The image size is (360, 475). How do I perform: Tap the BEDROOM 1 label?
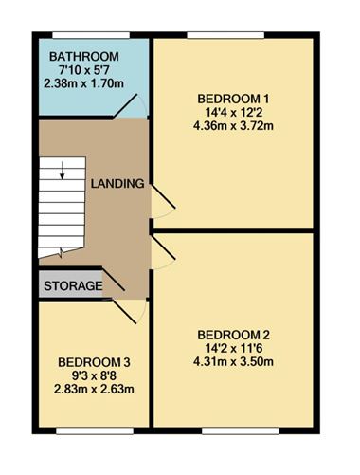coord(233,98)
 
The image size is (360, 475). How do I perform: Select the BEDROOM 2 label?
coord(233,334)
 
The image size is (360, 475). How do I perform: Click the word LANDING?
coord(117,182)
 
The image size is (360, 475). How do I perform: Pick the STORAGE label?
coord(72,284)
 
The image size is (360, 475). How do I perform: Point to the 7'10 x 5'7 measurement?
coord(83,68)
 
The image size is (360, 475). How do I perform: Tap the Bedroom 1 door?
coord(162,199)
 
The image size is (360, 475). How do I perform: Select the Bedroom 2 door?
coord(162,251)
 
